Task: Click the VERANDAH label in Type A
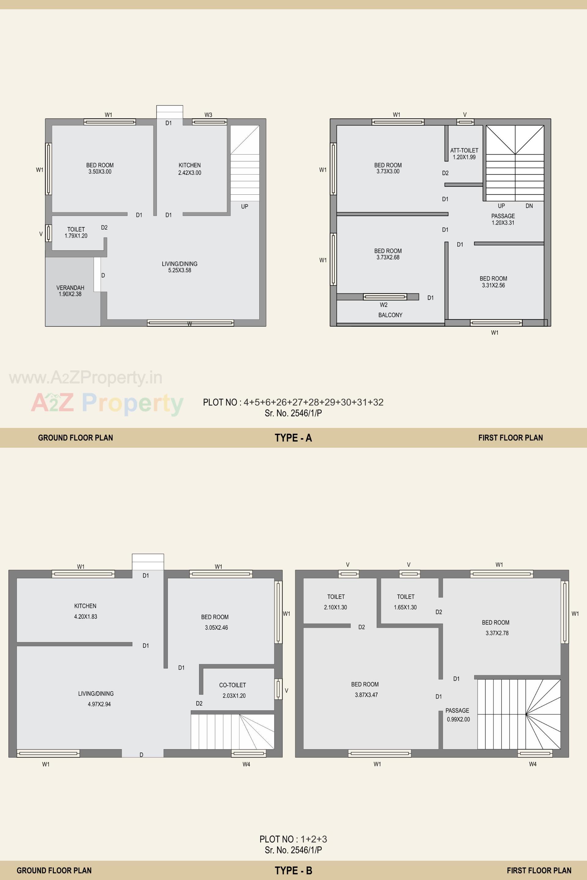click(70, 287)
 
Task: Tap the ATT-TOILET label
click(464, 150)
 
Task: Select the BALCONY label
click(390, 315)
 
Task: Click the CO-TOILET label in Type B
click(232, 685)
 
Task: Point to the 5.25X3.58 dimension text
click(180, 270)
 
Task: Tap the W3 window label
click(208, 115)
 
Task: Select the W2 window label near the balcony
click(383, 305)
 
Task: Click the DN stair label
click(529, 206)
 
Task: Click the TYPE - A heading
click(293, 438)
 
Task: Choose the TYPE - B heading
click(293, 871)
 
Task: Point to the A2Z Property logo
click(107, 403)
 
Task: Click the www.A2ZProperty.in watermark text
click(86, 378)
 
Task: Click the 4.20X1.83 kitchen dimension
click(85, 617)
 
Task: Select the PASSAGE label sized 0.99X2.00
click(457, 710)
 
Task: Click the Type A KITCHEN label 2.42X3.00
click(190, 165)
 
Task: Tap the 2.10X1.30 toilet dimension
click(335, 608)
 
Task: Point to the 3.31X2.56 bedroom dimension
click(493, 285)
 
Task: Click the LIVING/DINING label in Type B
click(96, 694)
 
